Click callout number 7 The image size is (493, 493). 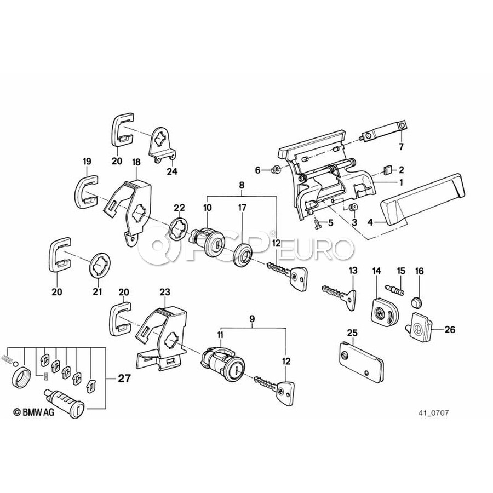click(400, 147)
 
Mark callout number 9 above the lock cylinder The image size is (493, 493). click(251, 318)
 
